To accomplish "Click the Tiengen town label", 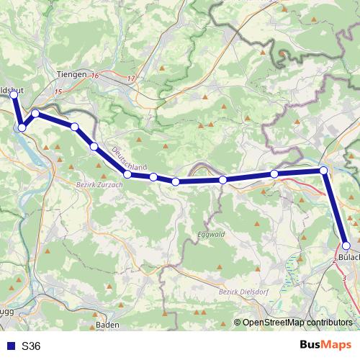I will [71, 74].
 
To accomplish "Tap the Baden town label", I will [107, 325].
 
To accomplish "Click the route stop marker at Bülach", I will [346, 246].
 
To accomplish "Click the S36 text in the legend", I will [31, 346].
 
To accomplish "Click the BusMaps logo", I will [325, 345].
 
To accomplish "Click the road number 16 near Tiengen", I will [95, 74].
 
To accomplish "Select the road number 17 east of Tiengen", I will [130, 78].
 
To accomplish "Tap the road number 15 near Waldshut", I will [58, 92].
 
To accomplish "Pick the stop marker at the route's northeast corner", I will [324, 171].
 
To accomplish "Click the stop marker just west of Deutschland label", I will [94, 147].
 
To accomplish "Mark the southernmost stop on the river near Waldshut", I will [22, 127].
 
